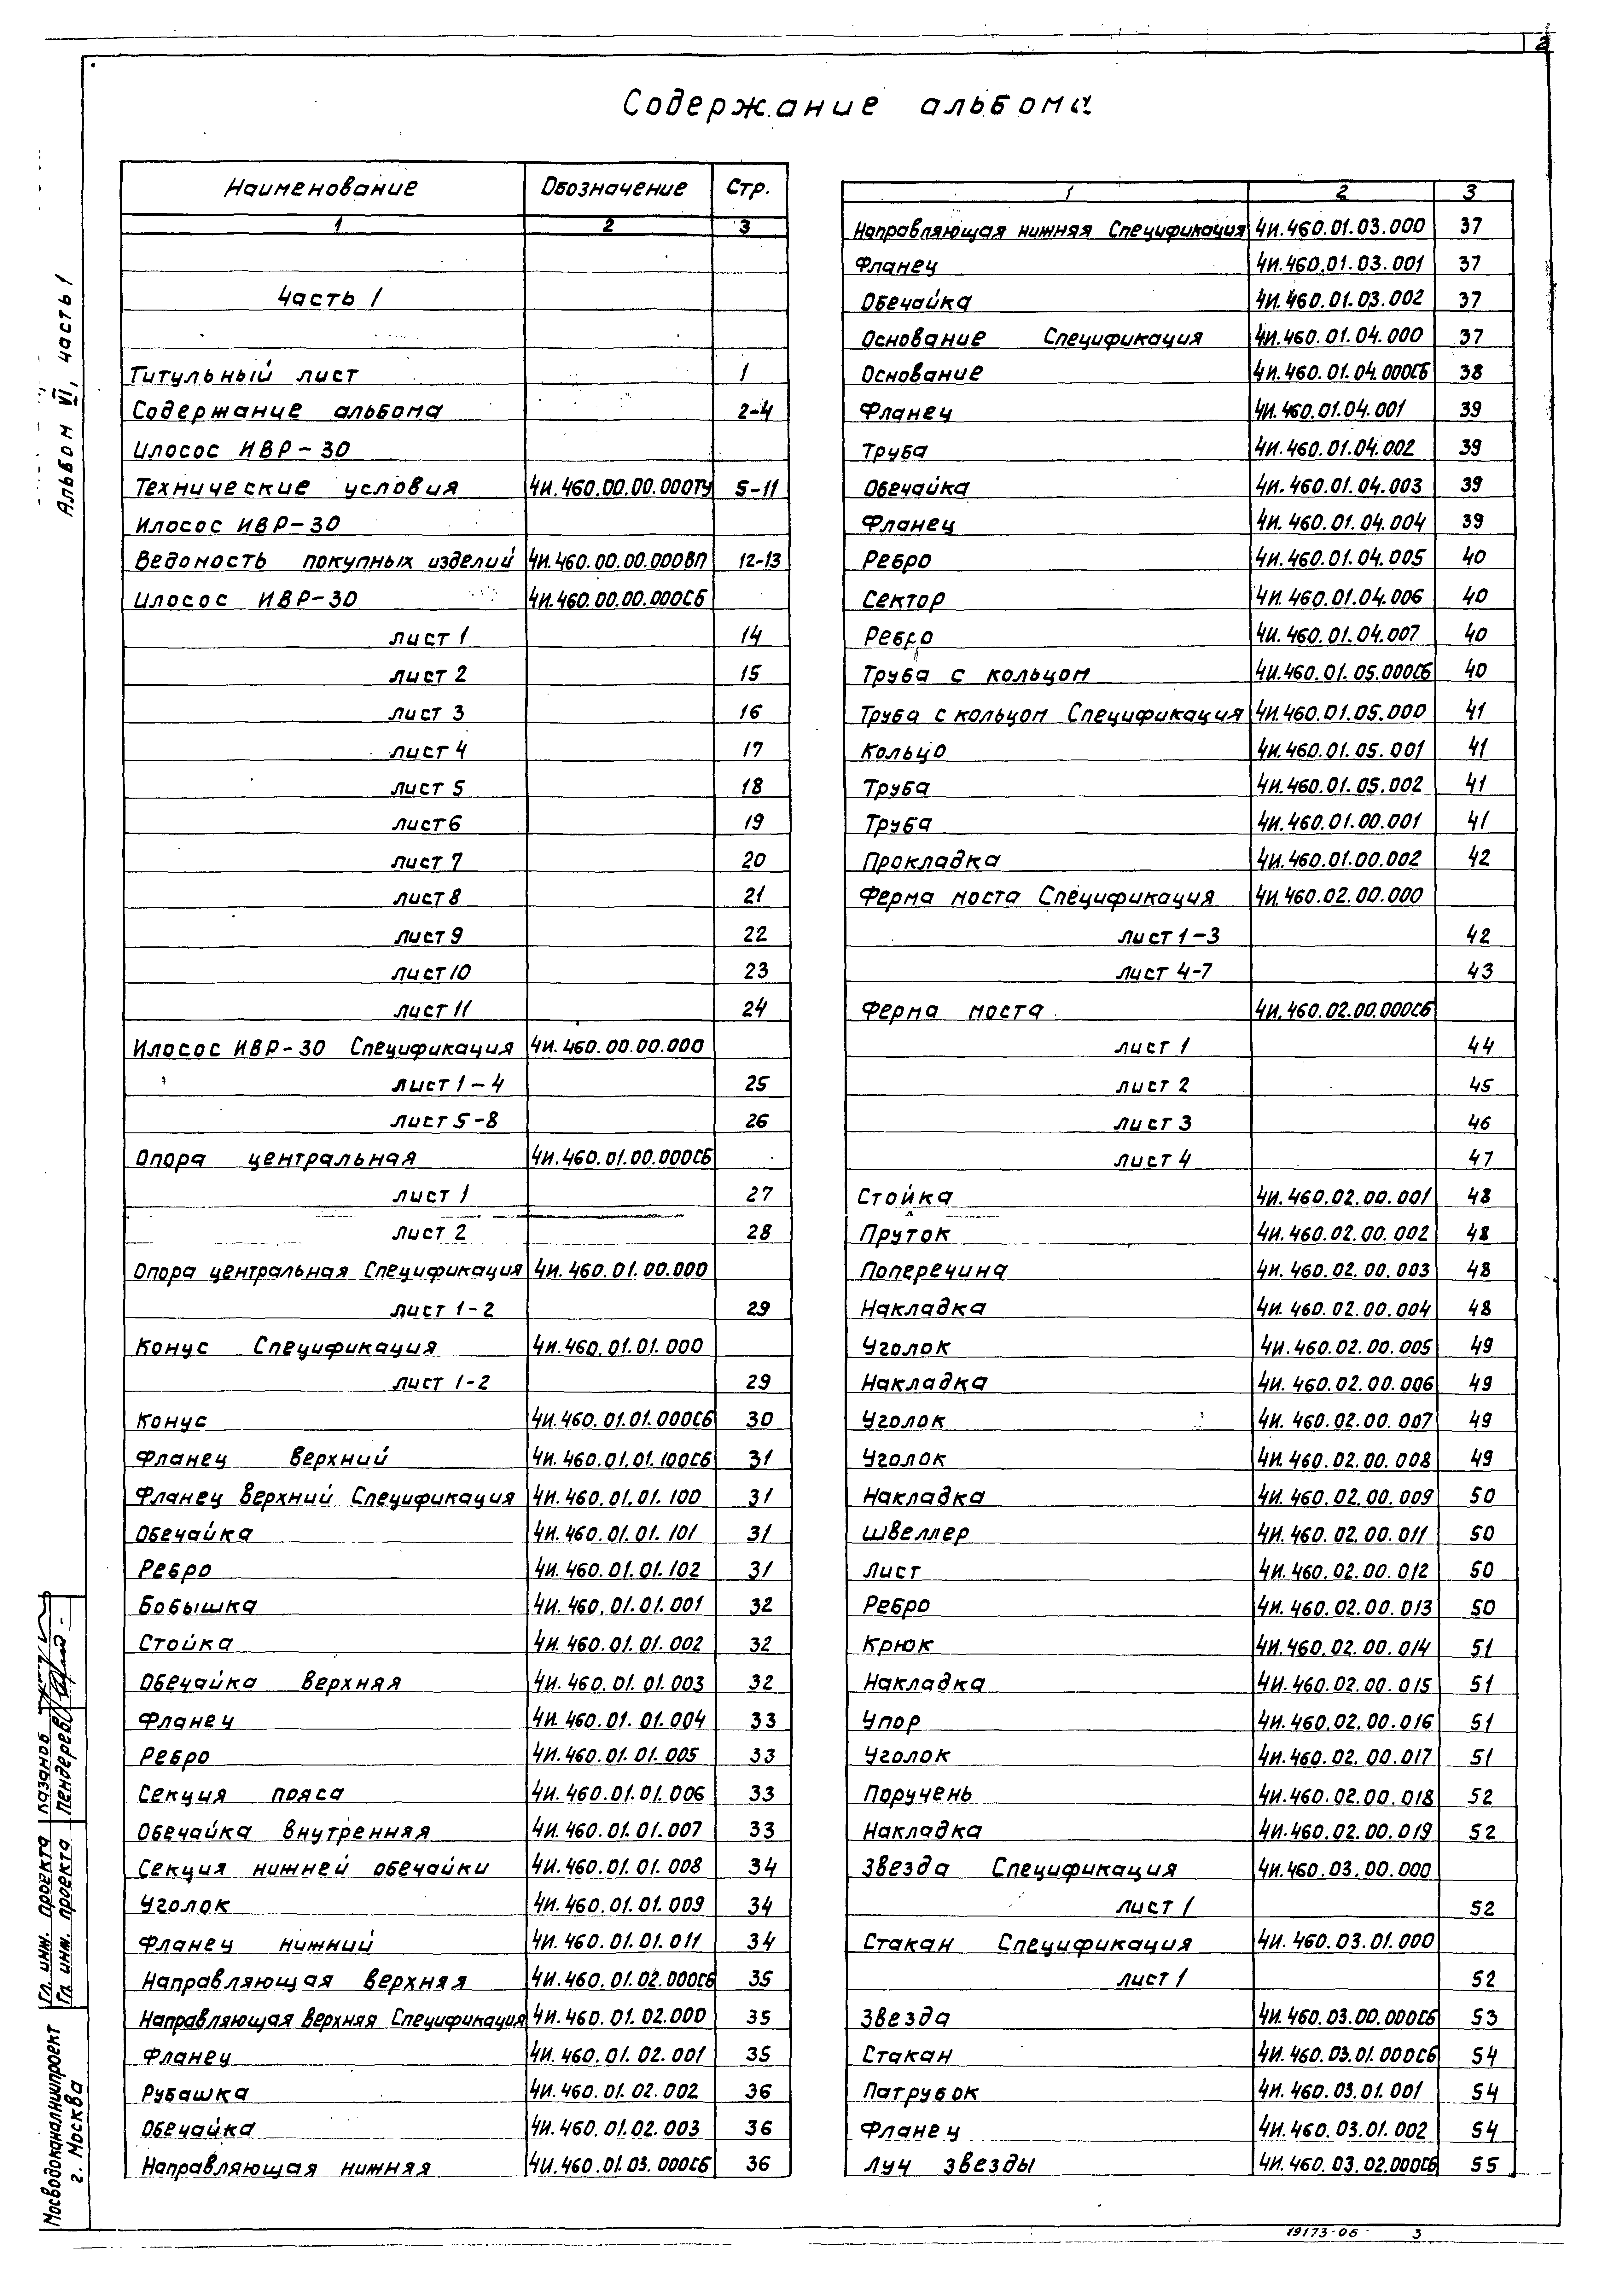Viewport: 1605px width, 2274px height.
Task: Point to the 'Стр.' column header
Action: [749, 188]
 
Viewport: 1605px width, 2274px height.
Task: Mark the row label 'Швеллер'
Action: [915, 1532]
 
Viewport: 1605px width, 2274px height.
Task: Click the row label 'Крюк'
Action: [897, 1645]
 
